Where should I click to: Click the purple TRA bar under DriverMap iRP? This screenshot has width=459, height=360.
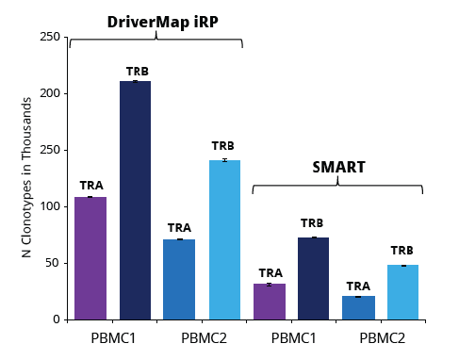[x=90, y=258]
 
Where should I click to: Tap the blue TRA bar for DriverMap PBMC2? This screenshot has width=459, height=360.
[x=179, y=279]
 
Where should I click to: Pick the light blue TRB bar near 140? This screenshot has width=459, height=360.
[x=224, y=239]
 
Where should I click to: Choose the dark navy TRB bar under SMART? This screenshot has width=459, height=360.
[x=314, y=278]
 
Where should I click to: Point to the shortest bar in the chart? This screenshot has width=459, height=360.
[x=358, y=307]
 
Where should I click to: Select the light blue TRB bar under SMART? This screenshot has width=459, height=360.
[x=402, y=292]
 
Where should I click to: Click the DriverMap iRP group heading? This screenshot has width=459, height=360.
[x=156, y=22]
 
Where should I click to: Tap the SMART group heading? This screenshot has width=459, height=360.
[x=338, y=168]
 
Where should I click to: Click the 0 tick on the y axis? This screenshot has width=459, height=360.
[x=56, y=319]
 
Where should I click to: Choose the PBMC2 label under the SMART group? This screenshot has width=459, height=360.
[x=381, y=337]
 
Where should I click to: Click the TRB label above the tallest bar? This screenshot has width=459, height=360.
[x=137, y=72]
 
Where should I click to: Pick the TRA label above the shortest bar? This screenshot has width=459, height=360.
[x=358, y=286]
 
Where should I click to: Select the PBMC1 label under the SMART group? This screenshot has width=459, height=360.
[x=292, y=337]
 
